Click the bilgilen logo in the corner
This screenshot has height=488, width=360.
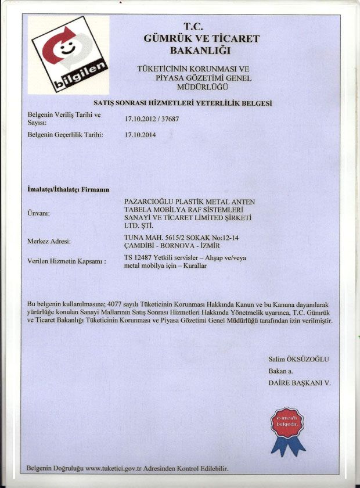coord(69,55)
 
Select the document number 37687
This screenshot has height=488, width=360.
coord(168,119)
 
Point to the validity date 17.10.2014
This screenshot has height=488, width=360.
coord(141,135)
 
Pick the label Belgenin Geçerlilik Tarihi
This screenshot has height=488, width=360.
coord(66,135)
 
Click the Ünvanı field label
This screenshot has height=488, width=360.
coord(39,213)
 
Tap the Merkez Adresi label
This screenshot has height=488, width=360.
coord(49,241)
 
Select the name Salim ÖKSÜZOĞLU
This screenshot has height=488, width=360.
coord(298,359)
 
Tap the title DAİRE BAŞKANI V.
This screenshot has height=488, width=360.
coord(299,383)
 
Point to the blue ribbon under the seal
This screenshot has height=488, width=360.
coord(287,446)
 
